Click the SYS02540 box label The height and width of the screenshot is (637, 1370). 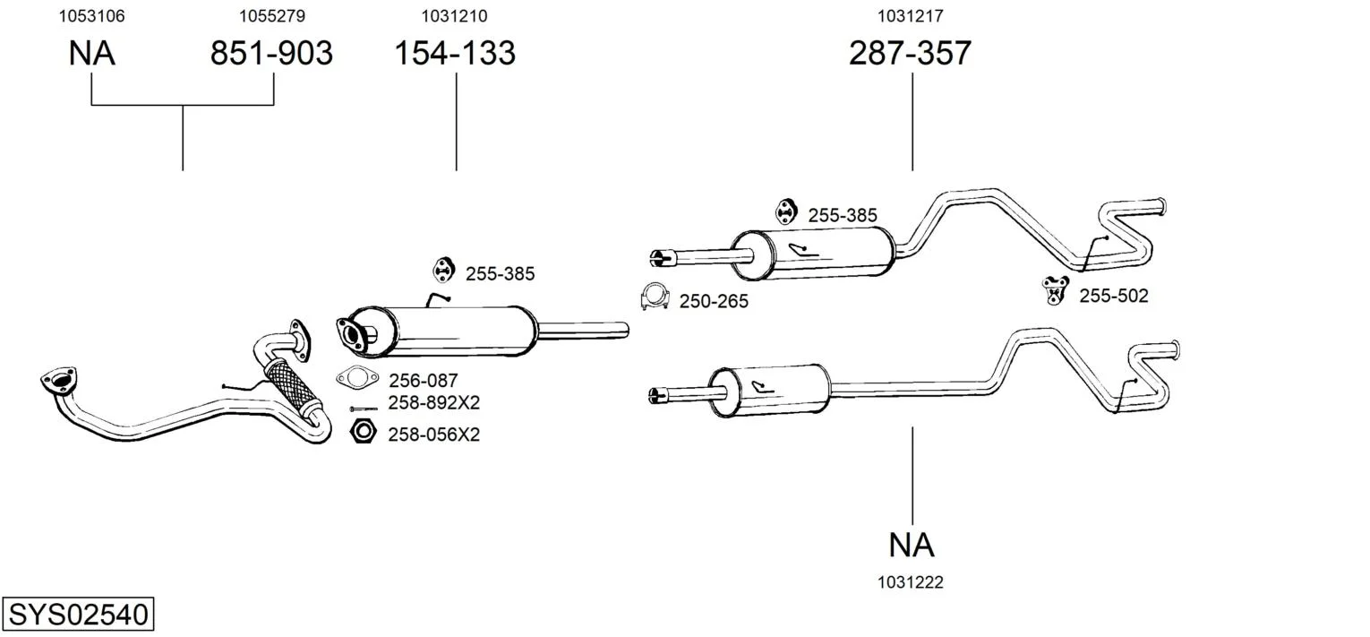77,615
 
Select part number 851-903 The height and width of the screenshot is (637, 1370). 271,54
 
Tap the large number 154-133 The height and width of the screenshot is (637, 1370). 455,54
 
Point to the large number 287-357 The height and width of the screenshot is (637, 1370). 910,54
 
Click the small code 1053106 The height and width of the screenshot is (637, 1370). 91,15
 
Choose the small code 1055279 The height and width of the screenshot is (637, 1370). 271,15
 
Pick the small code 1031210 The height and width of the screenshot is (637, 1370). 455,15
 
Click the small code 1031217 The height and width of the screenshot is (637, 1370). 910,15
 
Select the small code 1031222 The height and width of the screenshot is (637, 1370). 910,582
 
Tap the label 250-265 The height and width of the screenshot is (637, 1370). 714,302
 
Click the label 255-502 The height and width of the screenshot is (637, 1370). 1113,296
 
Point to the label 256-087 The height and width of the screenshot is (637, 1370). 423,381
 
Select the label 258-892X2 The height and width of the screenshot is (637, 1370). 433,403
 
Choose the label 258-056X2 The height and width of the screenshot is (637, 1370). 433,435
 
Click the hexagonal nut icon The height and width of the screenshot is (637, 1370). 363,432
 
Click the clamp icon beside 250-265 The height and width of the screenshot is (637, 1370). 655,297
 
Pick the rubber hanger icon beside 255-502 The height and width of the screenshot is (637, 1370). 1056,289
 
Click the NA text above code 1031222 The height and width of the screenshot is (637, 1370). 912,545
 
